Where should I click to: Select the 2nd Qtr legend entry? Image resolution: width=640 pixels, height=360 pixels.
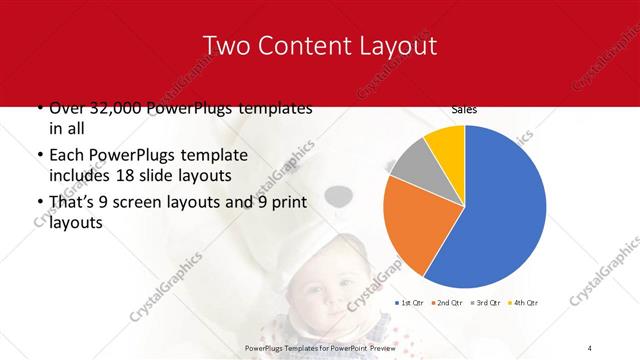point(448,302)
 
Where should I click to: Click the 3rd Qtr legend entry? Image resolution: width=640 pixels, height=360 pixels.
point(486,302)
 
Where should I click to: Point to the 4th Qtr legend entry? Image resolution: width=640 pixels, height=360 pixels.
point(524,302)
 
